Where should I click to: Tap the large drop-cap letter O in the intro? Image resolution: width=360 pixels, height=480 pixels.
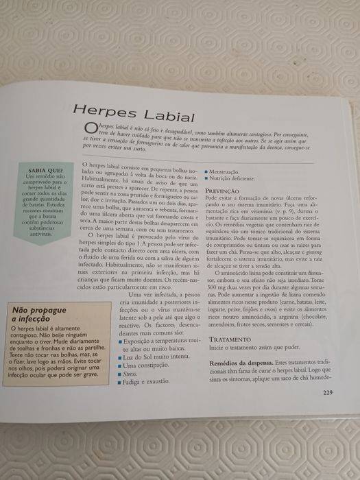(90, 130)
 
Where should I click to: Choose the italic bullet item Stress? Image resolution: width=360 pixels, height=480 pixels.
(130, 376)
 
